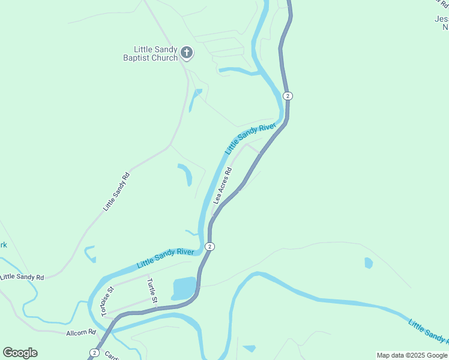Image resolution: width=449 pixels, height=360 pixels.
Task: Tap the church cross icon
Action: tap(187, 53)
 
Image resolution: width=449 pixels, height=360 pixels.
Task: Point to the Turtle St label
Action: tap(152, 291)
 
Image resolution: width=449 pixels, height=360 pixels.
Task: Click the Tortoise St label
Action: tap(107, 302)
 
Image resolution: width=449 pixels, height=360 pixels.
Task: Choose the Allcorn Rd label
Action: tap(81, 332)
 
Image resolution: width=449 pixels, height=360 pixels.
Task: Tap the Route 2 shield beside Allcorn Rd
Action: tap(94, 352)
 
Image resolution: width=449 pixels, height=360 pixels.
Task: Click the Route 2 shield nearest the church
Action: tap(288, 96)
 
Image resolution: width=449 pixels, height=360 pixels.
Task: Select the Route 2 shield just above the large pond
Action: tap(209, 246)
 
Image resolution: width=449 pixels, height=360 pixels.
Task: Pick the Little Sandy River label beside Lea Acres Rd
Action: tap(250, 138)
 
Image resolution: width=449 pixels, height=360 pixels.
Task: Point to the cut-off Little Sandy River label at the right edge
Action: tap(428, 332)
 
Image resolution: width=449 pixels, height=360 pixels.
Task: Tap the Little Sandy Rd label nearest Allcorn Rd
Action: tap(22, 277)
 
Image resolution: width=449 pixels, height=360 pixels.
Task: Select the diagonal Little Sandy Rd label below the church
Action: tap(116, 191)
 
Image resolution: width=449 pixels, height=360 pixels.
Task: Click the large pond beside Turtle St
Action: tap(184, 287)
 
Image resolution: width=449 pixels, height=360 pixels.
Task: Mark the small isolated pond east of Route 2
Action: tap(368, 263)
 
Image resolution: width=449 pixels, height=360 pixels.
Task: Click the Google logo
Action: tap(20, 353)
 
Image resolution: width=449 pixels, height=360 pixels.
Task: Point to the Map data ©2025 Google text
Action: tap(411, 355)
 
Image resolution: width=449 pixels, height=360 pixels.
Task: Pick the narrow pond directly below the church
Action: tap(195, 99)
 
